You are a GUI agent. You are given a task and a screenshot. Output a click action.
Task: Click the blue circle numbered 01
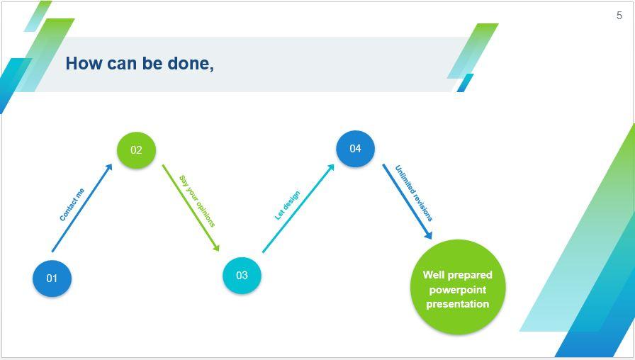coord(52,278)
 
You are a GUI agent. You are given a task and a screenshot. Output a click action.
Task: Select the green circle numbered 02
coord(136,150)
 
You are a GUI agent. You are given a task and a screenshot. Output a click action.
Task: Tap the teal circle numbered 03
coord(242,275)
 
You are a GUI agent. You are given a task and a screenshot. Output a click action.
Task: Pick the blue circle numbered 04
coord(355,148)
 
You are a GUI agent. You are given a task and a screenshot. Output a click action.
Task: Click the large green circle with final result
coord(458,287)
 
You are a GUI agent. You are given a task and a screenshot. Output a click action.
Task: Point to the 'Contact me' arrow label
coord(72,204)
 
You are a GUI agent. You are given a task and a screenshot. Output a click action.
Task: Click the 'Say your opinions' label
coord(196,201)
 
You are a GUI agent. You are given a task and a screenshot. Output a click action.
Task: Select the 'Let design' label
coord(287,206)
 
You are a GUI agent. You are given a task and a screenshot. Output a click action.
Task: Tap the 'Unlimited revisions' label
coord(414,193)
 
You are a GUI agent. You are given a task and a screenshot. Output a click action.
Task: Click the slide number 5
coord(619,16)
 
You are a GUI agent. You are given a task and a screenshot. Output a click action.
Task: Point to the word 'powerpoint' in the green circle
coord(458,290)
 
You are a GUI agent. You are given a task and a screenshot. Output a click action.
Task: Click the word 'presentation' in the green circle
coord(458,304)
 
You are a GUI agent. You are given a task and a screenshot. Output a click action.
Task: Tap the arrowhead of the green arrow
coord(216,247)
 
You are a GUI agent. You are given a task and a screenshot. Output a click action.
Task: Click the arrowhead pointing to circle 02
coord(109,167)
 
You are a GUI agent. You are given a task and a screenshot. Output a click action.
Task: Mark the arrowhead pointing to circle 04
coord(331,167)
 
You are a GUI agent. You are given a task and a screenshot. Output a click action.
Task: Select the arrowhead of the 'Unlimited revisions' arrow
coord(428,235)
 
